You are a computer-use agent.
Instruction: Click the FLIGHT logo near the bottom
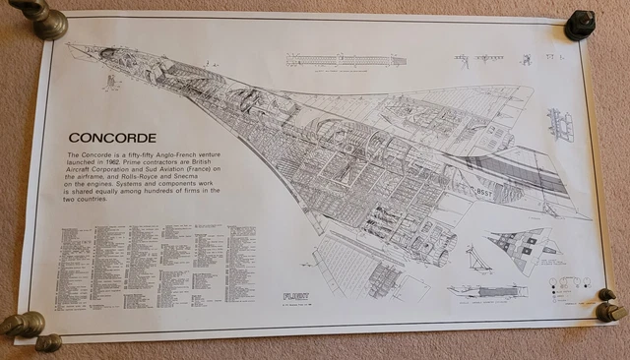click(295, 295)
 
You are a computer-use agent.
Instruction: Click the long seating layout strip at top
click(345, 60)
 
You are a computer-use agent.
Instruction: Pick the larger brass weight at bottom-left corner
click(22, 324)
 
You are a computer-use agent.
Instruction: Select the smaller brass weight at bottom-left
click(47, 342)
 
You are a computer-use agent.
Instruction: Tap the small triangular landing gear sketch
click(479, 260)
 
